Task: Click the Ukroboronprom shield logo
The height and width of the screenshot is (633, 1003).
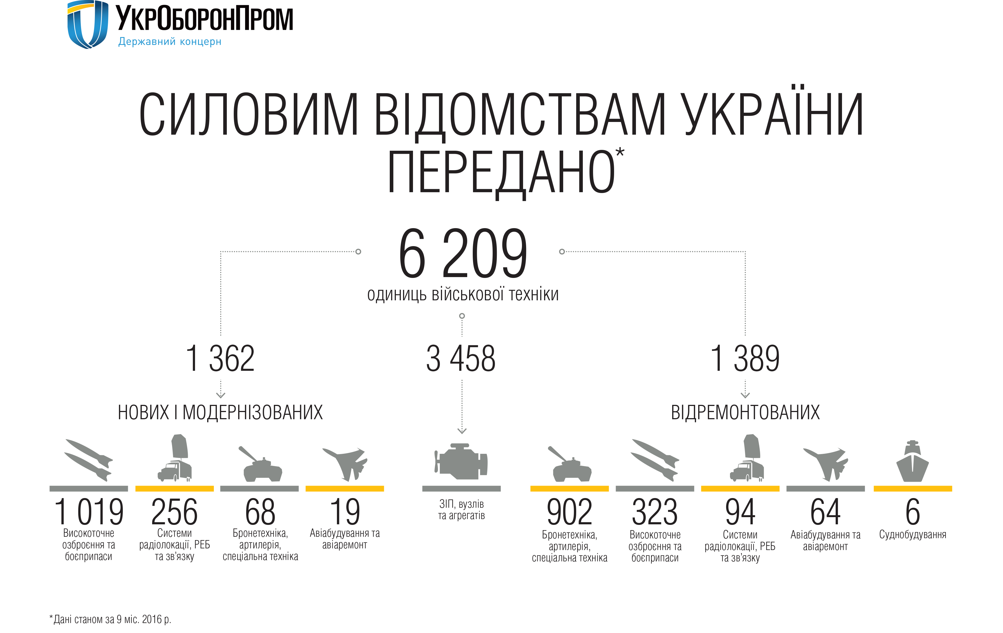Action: (88, 24)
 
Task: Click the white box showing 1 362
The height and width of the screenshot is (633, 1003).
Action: (220, 358)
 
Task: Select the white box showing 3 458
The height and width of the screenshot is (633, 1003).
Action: (461, 358)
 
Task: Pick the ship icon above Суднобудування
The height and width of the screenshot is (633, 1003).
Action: (912, 462)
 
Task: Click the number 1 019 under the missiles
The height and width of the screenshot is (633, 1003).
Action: (89, 512)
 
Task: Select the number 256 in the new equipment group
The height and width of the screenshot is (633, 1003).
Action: (175, 512)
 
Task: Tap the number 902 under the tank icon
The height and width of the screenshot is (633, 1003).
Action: (569, 512)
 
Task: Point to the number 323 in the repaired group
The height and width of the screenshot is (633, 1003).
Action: (655, 512)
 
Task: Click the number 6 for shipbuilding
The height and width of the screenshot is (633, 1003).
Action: (912, 512)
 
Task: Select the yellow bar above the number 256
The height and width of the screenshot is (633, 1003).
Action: (175, 488)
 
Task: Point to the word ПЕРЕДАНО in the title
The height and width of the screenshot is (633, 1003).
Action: (501, 172)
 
